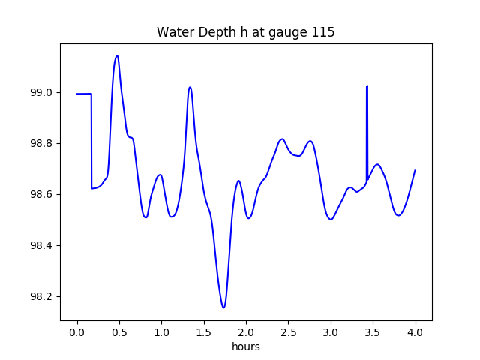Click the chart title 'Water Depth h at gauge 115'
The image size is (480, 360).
point(245,33)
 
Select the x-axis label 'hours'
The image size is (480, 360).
point(245,347)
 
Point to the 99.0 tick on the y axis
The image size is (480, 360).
point(43,93)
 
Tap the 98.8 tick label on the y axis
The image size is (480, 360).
point(43,144)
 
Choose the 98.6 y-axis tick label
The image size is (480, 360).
point(43,195)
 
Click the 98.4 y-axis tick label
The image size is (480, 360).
point(43,246)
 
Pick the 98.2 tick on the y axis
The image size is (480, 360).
point(43,297)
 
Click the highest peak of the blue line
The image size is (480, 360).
point(117,55)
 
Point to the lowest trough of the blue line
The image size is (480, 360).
point(223,307)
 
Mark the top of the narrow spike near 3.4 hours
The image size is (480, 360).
point(367,86)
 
